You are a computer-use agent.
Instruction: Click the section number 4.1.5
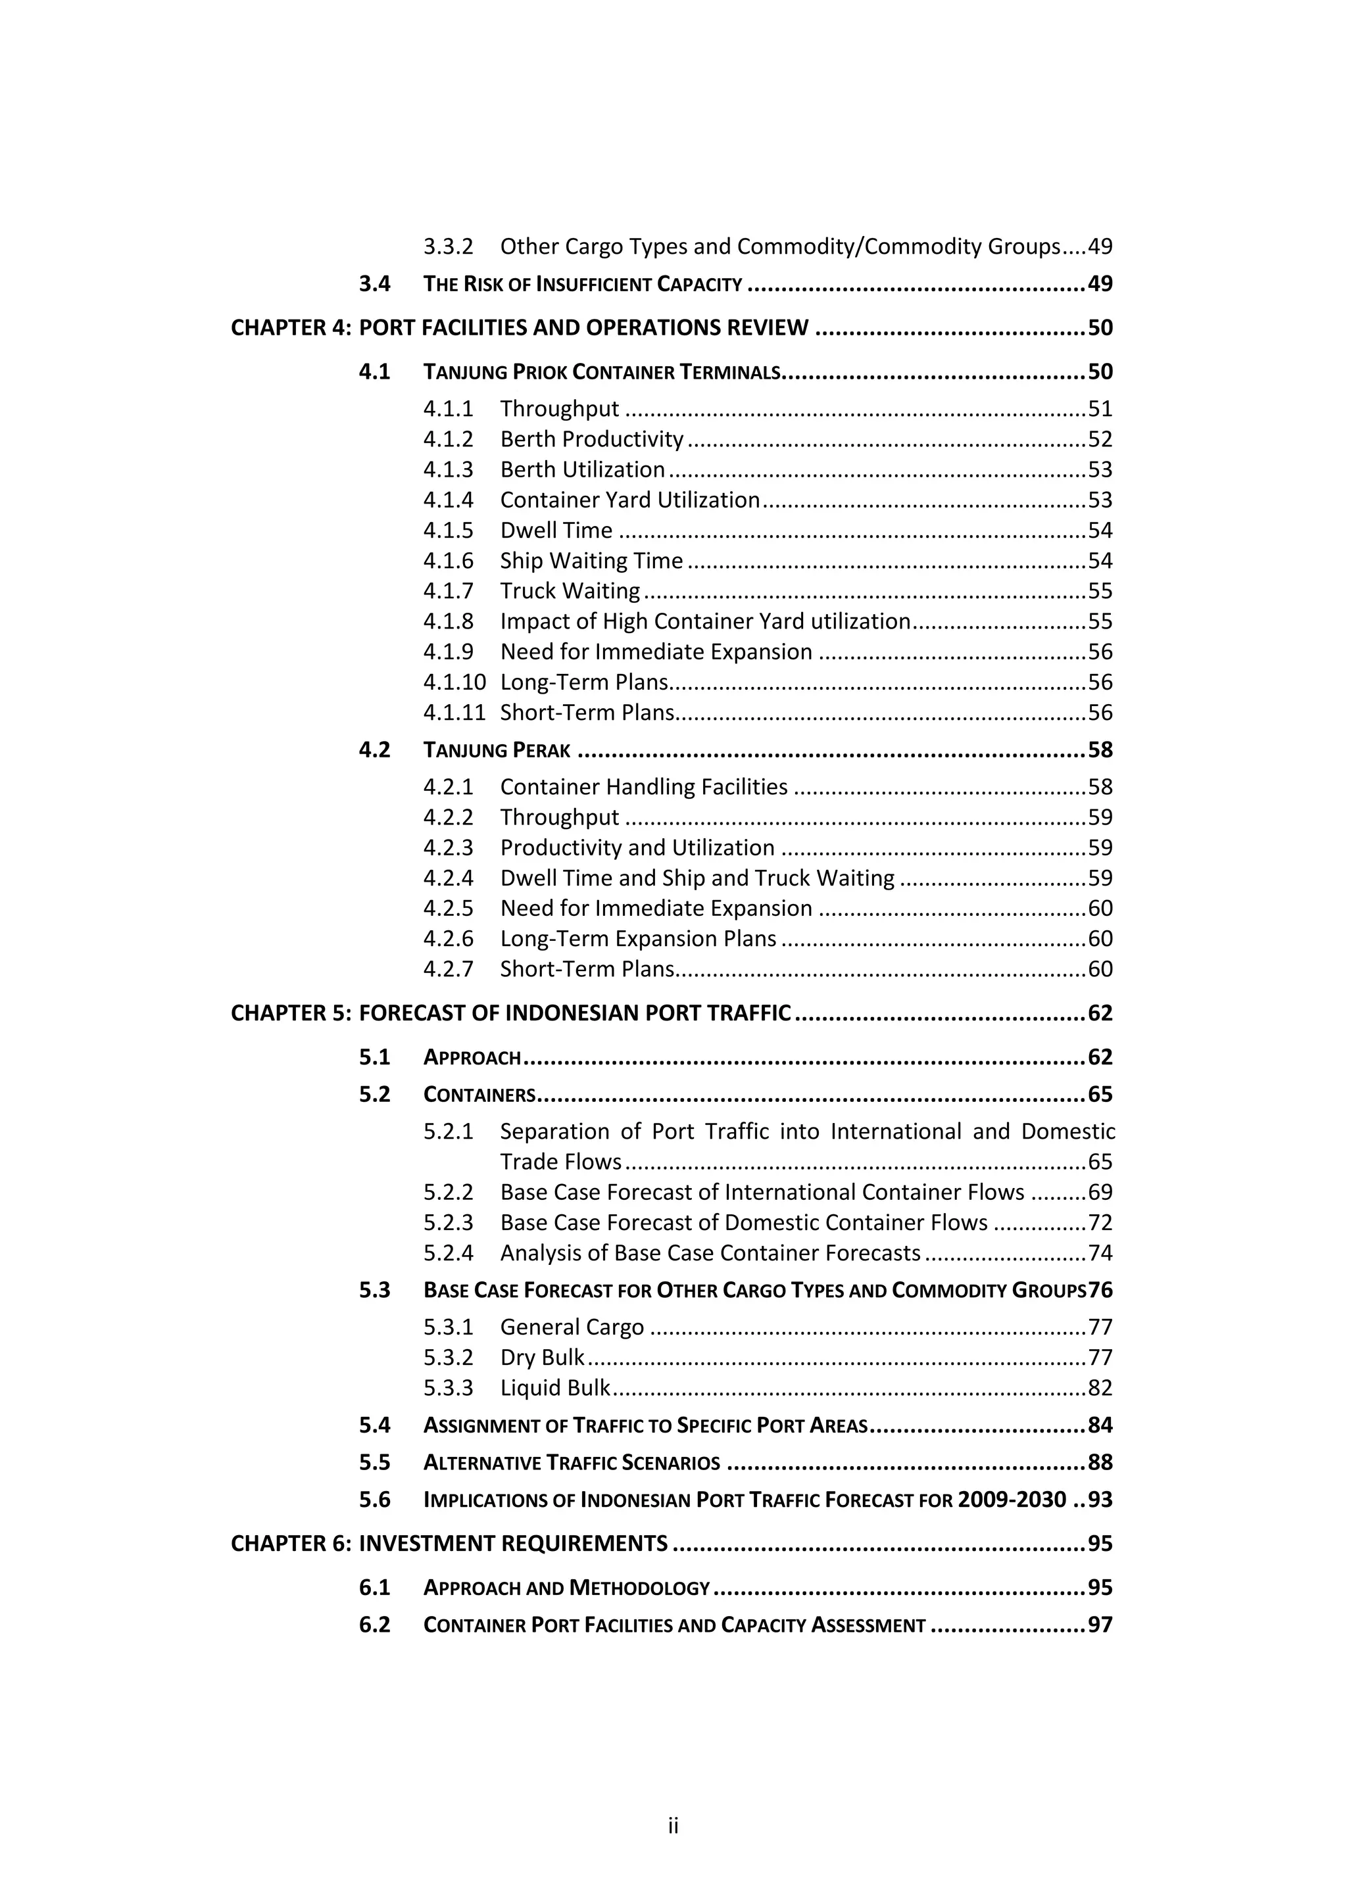pos(448,531)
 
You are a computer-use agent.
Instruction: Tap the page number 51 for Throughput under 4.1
pos(1100,409)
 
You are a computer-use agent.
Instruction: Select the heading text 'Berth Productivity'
pos(591,440)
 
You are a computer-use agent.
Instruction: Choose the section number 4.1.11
pos(454,713)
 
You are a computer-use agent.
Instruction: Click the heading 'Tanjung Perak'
pos(496,750)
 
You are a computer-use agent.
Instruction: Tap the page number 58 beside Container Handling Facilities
pos(1100,787)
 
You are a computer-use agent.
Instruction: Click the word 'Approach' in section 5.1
pos(472,1057)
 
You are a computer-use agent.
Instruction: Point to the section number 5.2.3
pos(448,1223)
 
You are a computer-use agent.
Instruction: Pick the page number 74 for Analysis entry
pos(1100,1253)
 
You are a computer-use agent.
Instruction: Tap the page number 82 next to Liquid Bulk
pos(1100,1388)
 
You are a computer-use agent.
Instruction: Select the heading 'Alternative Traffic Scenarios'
pos(572,1463)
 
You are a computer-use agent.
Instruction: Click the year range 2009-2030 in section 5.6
pos(1011,1500)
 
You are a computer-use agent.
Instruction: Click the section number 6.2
pos(374,1625)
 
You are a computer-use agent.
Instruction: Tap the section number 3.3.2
pos(448,247)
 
